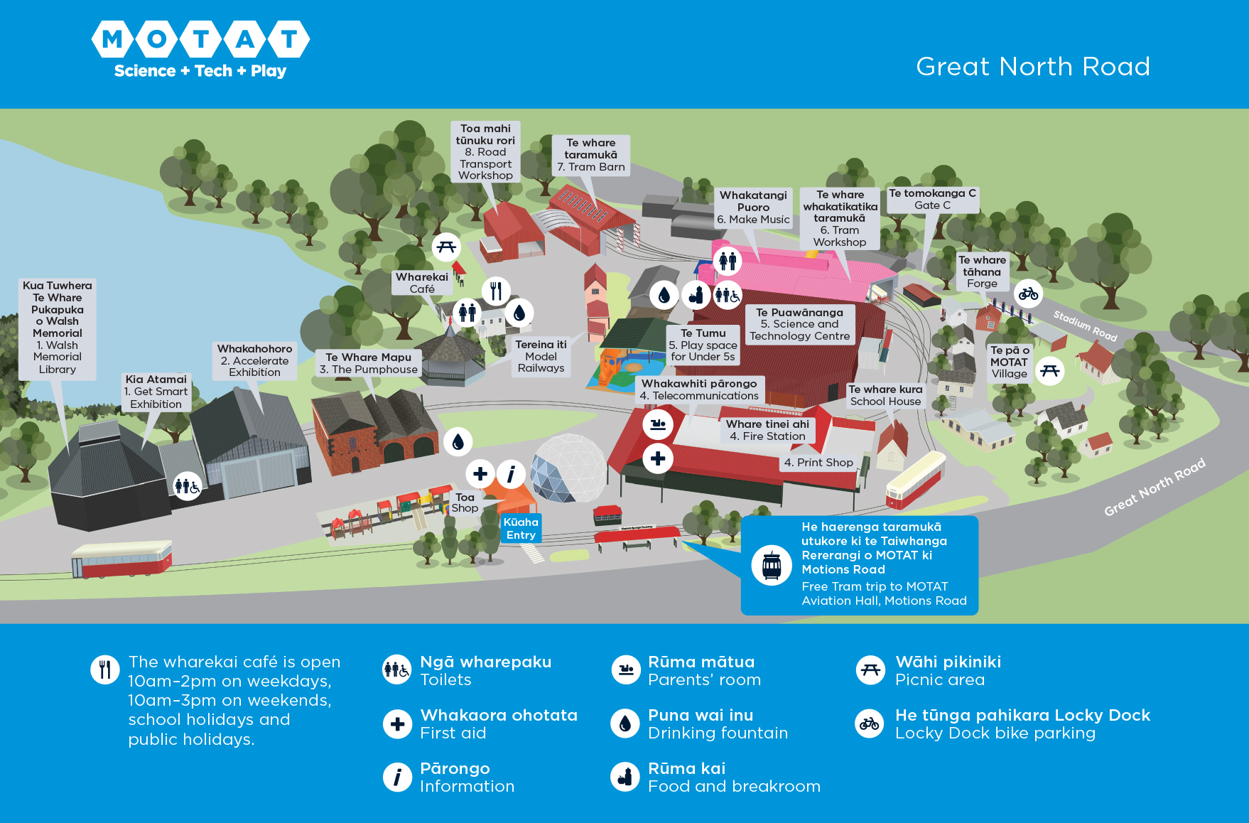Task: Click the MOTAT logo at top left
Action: (200, 49)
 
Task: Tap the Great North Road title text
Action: (1032, 66)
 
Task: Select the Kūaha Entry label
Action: (521, 528)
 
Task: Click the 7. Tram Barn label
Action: (590, 155)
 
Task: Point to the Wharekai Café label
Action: (422, 283)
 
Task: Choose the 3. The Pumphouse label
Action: (368, 363)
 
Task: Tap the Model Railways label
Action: (541, 356)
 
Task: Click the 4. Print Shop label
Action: (818, 463)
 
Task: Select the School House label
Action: (885, 395)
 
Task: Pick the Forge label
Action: (982, 271)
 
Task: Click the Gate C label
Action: (932, 199)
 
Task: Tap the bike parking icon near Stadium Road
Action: (1028, 293)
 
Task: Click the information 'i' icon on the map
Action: (511, 473)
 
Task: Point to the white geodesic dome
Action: (568, 468)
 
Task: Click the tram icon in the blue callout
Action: (772, 566)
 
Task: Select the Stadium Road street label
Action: (1085, 325)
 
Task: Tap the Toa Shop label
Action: (465, 502)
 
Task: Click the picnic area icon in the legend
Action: (870, 669)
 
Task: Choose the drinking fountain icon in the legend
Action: (625, 724)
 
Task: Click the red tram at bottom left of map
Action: (121, 559)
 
